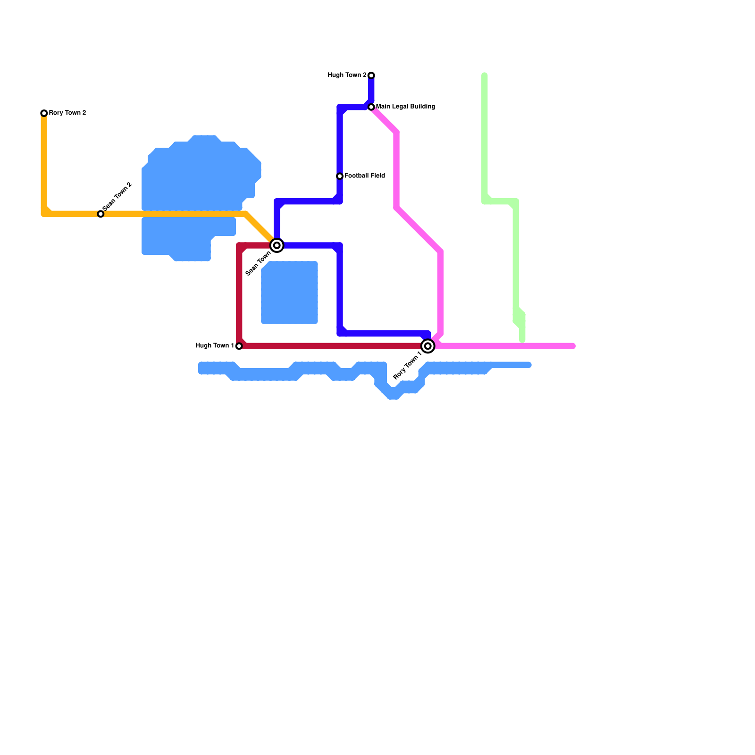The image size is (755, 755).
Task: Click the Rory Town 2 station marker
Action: [x=44, y=113]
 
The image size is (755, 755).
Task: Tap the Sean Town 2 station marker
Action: [x=101, y=214]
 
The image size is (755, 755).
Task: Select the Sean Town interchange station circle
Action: [x=277, y=245]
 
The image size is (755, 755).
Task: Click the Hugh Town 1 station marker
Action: [x=239, y=346]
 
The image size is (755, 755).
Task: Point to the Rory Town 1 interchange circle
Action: [x=428, y=346]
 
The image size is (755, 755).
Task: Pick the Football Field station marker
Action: [x=340, y=176]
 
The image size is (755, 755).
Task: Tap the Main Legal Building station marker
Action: [x=371, y=107]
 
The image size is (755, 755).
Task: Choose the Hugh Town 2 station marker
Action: [x=371, y=75]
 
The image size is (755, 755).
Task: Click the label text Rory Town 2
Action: [x=67, y=113]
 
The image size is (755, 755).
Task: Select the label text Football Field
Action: [x=365, y=176]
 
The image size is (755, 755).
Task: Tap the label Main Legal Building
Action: [x=405, y=107]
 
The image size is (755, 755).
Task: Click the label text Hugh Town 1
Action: [x=215, y=346]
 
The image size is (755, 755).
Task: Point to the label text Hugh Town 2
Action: [x=347, y=75]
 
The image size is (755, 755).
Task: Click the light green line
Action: [x=516, y=260]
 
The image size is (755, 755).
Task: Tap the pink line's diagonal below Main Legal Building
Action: [x=385, y=120]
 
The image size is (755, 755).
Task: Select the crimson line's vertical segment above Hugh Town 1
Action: [x=239, y=297]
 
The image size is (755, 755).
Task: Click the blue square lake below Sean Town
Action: [x=289, y=293]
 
